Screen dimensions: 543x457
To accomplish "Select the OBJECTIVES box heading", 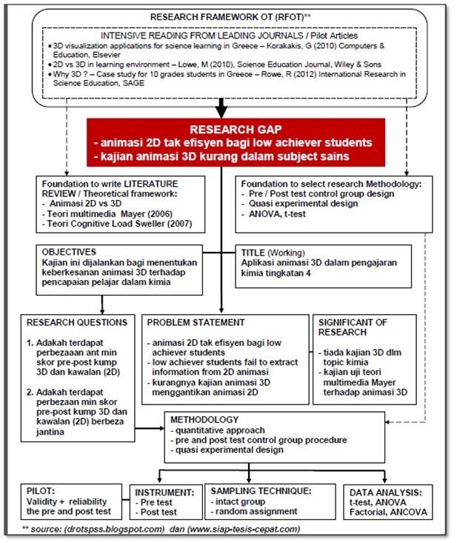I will click(70, 252).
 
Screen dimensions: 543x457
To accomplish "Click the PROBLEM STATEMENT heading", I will click(196, 322).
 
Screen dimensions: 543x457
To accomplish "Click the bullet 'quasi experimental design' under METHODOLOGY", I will click(232, 450).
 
